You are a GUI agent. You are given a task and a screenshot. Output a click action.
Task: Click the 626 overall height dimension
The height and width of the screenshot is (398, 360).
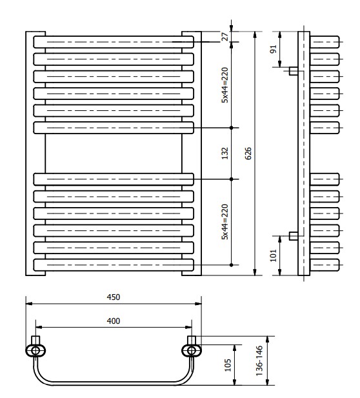tap(248, 154)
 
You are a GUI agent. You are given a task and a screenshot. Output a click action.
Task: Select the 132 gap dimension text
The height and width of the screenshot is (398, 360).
tap(226, 154)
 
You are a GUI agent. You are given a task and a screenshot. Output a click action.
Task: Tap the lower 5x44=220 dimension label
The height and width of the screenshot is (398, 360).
tap(226, 222)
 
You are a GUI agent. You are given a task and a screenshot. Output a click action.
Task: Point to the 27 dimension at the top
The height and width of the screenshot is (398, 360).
tap(225, 37)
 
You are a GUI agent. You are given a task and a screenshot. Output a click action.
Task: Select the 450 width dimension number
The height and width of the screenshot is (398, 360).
tap(114, 297)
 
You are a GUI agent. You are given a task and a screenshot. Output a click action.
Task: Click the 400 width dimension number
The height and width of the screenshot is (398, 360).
tap(114, 321)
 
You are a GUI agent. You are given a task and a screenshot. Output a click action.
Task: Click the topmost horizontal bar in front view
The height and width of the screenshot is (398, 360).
tap(114, 42)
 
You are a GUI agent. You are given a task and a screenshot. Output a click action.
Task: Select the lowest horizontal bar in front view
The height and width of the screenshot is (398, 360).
tap(114, 264)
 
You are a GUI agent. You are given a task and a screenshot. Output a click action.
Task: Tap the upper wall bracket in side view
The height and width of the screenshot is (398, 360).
tap(293, 70)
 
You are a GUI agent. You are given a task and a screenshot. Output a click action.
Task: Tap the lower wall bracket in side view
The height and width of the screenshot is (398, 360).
tap(293, 236)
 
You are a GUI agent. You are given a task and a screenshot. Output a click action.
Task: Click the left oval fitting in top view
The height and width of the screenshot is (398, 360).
tap(37, 350)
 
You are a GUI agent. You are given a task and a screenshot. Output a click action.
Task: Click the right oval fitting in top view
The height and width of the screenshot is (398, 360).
tap(191, 350)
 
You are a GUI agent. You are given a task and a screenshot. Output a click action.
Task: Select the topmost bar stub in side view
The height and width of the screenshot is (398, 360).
tap(325, 42)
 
